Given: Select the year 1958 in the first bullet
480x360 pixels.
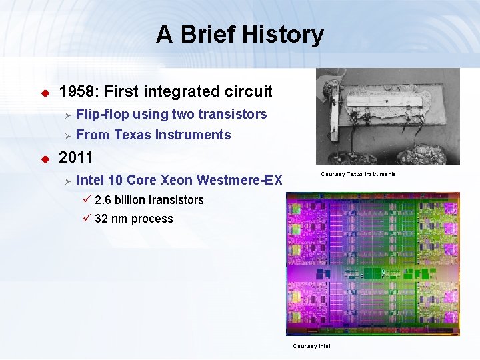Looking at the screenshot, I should pyautogui.click(x=77, y=91).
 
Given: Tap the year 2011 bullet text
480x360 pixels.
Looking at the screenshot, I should pyautogui.click(x=76, y=159).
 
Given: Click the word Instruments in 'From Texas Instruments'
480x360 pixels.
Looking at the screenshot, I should pyautogui.click(x=193, y=135).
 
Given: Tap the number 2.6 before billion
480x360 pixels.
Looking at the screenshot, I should pyautogui.click(x=104, y=200).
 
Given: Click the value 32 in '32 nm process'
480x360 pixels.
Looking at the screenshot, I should pyautogui.click(x=101, y=219).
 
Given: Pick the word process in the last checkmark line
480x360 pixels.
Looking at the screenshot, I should pyautogui.click(x=152, y=219).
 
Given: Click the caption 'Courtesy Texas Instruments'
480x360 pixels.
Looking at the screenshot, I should pyautogui.click(x=358, y=174).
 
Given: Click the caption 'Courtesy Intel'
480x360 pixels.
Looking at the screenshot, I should pyautogui.click(x=311, y=346).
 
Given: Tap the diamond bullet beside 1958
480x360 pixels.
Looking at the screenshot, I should pyautogui.click(x=45, y=92).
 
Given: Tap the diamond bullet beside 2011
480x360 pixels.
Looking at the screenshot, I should pyautogui.click(x=45, y=159).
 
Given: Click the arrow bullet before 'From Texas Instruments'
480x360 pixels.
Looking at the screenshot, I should pyautogui.click(x=67, y=135).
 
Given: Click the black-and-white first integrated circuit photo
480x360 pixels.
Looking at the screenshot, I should pyautogui.click(x=387, y=116).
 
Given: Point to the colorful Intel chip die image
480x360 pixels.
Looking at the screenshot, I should pyautogui.click(x=373, y=264).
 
